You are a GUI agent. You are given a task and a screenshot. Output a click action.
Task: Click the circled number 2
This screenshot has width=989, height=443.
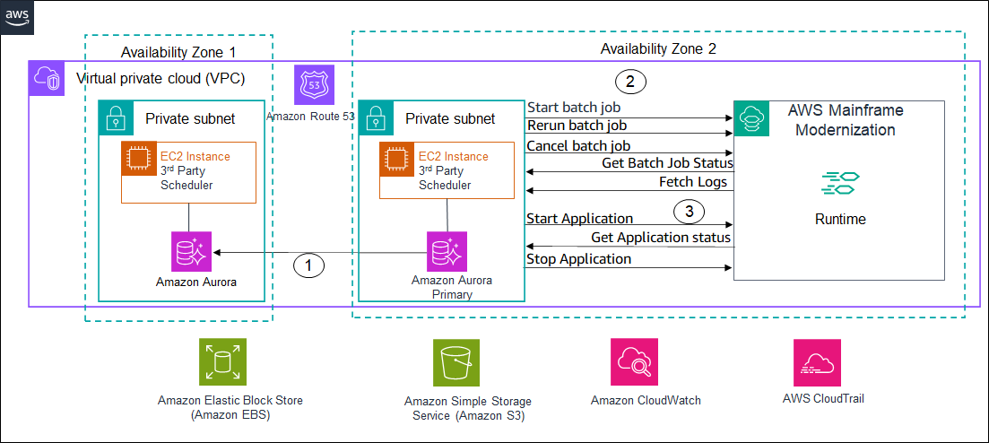630,83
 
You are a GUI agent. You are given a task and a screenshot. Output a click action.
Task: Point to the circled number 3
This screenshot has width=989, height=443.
688,213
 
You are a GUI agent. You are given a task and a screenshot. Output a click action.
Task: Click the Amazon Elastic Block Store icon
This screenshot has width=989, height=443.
221,363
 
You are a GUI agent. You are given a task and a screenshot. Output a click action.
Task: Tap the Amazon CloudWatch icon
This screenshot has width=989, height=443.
635,362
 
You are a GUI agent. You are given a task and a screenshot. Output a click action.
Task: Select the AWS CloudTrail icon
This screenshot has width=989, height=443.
817,362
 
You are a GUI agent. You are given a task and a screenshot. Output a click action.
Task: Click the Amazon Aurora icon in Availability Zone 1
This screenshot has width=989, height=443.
191,251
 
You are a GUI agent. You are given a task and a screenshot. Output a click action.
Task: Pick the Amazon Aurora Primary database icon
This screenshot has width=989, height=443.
446,251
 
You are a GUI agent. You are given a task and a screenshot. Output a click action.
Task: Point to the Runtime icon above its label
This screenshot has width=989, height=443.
840,183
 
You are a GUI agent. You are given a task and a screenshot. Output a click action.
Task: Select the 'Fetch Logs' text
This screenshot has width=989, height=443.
697,182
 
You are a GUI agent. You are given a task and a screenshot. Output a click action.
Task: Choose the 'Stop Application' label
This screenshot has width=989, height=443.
578,259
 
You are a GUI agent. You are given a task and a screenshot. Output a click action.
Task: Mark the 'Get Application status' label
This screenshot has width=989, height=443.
661,238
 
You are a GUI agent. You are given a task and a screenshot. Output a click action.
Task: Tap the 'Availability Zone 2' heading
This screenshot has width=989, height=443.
658,48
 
